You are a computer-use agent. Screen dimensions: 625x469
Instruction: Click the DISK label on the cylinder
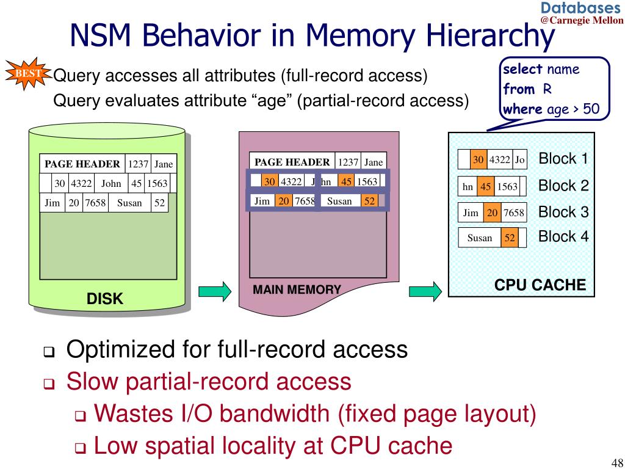click(105, 299)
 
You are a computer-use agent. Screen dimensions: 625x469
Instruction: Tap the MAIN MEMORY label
click(297, 289)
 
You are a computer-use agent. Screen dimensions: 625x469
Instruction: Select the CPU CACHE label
click(540, 285)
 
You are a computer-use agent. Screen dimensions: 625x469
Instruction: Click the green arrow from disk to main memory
click(215, 291)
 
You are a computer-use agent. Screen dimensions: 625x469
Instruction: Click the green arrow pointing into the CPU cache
click(425, 291)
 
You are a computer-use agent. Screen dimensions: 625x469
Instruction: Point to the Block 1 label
click(563, 159)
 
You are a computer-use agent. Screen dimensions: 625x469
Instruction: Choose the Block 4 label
click(563, 236)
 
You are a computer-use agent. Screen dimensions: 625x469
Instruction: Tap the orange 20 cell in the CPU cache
click(493, 213)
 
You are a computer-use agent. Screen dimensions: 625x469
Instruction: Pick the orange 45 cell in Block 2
click(485, 187)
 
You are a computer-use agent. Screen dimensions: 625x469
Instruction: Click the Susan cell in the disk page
click(129, 203)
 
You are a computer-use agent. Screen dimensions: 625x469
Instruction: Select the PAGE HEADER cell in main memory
click(292, 162)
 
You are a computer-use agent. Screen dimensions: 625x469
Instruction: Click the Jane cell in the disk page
click(164, 164)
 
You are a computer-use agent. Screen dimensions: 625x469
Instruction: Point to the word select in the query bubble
click(522, 69)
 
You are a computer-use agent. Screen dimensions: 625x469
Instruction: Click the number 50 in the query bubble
click(591, 109)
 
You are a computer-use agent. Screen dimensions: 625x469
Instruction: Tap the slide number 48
click(616, 462)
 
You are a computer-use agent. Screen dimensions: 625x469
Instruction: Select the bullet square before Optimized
click(49, 352)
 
